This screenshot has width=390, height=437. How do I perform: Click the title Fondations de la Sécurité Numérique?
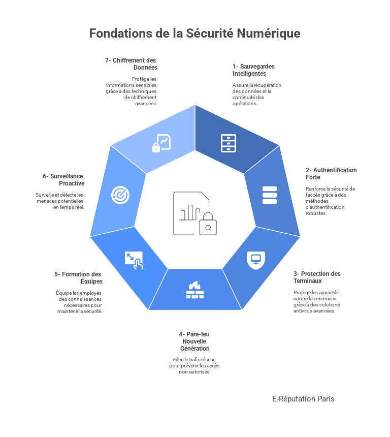[194, 34]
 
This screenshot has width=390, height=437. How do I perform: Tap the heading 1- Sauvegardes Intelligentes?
[253, 70]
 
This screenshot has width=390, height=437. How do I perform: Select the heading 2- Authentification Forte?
[331, 174]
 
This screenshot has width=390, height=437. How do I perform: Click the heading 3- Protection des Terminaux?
[317, 277]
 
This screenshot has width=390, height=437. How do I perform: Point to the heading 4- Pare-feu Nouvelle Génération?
[194, 341]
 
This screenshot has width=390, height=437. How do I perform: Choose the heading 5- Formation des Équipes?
[79, 278]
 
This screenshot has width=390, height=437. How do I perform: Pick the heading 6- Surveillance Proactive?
[64, 180]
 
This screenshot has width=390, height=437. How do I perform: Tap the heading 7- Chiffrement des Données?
[132, 64]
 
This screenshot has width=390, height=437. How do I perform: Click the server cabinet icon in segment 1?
[229, 143]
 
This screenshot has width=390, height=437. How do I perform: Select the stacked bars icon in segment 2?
[270, 195]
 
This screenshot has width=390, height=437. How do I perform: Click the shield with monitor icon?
[255, 259]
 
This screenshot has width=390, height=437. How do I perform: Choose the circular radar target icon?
[120, 195]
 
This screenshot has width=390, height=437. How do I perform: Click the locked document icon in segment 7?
[161, 143]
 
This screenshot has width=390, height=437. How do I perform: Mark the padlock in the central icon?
[208, 224]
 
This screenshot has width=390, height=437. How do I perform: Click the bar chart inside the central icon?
[189, 212]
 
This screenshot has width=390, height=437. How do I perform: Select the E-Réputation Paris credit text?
[303, 399]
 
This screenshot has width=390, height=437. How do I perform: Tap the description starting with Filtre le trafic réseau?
[194, 365]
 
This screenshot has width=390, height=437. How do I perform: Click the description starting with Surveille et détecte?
[60, 201]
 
